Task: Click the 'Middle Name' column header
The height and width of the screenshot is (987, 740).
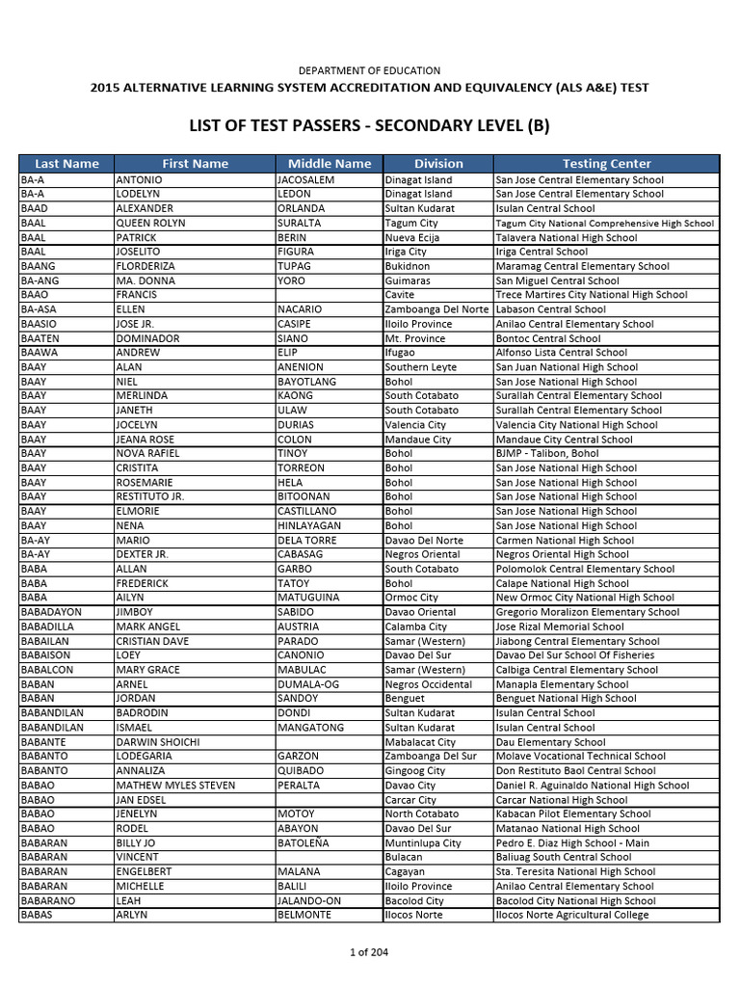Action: pos(330,164)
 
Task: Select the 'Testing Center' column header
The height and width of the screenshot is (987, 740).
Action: pos(606,164)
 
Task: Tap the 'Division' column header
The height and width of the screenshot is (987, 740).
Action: pos(438,164)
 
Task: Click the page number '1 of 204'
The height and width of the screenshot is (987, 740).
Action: pos(369,953)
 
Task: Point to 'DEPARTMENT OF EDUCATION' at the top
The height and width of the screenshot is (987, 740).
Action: pos(369,70)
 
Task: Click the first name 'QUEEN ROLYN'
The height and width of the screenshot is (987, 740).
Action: pos(149,223)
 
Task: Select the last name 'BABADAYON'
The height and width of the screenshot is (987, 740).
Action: pos(51,612)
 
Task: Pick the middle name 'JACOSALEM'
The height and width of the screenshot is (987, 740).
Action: pos(305,179)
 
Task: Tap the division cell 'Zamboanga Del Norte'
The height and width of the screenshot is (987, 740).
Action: pos(436,309)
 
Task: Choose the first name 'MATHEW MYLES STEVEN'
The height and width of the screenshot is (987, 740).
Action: pos(175,786)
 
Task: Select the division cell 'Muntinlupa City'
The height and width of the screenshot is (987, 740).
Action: pos(422,842)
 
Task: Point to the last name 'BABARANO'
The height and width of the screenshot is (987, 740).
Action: pos(47,900)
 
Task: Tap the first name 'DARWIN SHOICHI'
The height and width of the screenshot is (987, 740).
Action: pos(158,742)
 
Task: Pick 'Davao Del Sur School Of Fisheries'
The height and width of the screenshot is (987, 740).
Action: pos(574,655)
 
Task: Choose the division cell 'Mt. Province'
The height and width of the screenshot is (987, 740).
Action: pos(415,338)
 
